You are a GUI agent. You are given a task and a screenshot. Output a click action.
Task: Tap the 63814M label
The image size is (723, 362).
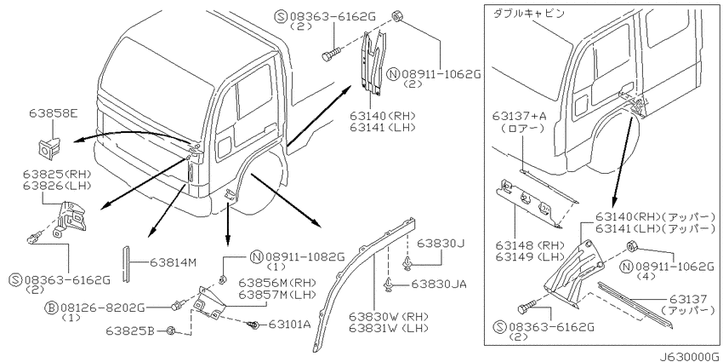click(174, 262)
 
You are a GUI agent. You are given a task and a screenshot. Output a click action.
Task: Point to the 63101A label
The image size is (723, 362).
click(289, 325)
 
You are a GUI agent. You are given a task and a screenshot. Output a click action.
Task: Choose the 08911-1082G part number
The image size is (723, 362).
click(305, 256)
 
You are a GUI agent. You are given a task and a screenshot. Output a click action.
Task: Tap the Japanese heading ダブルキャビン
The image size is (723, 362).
click(528, 14)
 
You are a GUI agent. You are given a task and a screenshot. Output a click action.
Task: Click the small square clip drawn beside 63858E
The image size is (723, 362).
click(48, 146)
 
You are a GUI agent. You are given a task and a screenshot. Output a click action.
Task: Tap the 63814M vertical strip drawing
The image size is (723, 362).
click(125, 264)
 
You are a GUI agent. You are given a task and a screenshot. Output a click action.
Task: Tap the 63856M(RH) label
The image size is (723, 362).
click(277, 282)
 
